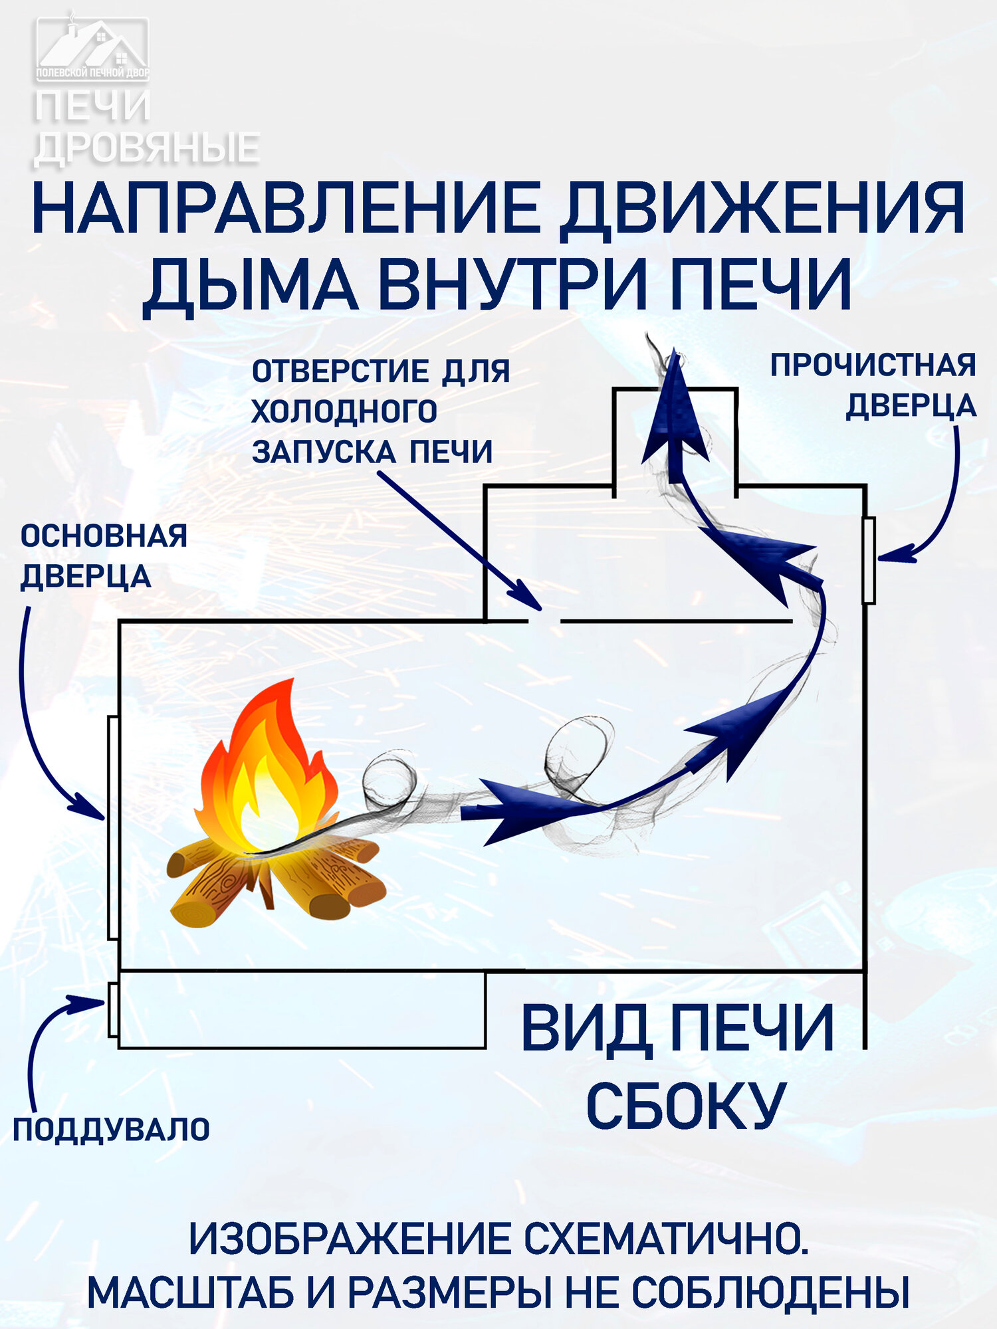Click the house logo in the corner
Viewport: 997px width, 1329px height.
92,48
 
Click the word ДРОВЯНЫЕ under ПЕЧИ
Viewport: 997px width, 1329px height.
146,148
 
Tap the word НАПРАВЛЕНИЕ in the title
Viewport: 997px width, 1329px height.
286,209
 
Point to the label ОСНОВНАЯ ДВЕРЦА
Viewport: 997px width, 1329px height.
103,556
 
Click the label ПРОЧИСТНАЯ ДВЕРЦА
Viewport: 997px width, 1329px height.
873,385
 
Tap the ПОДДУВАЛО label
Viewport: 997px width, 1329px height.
111,1130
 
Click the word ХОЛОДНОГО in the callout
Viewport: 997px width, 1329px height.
344,412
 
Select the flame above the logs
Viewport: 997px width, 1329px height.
266,771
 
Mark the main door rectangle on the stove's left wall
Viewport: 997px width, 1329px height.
113,827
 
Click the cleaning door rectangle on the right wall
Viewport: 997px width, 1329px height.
868,560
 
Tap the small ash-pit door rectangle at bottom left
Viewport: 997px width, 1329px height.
113,1009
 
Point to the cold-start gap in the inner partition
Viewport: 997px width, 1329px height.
545,621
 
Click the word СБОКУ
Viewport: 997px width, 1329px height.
685,1106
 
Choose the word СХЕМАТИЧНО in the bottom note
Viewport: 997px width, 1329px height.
665,1239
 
